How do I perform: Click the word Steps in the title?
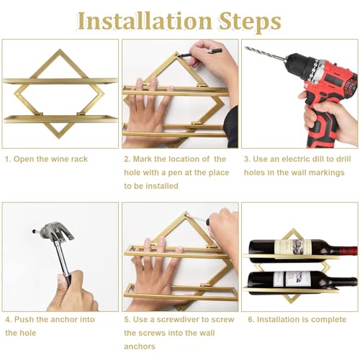250,23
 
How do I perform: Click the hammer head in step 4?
57,232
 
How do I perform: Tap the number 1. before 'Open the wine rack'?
8,159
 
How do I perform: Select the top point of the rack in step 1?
60,50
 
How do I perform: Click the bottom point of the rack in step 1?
59,138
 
